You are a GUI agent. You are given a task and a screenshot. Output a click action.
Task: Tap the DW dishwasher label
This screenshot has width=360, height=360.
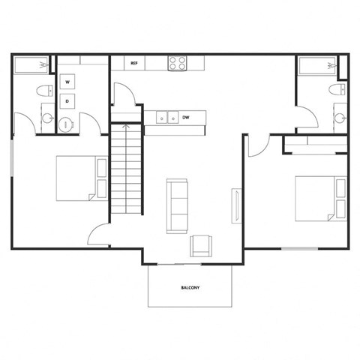click(x=185, y=117)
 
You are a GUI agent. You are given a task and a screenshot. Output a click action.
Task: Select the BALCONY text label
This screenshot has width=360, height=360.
click(x=189, y=288)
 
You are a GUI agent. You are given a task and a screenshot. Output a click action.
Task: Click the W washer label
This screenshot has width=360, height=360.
click(x=67, y=81)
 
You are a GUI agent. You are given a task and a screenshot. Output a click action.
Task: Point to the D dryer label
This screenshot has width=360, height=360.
click(x=67, y=100)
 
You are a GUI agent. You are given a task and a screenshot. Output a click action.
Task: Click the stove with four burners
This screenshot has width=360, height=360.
click(x=176, y=63)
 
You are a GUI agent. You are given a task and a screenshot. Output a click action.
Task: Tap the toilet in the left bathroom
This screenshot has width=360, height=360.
click(x=44, y=91)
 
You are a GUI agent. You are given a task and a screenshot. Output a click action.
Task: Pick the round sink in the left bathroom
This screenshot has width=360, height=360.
click(x=47, y=119)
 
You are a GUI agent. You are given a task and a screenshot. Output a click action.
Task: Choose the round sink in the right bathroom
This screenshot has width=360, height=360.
click(x=339, y=118)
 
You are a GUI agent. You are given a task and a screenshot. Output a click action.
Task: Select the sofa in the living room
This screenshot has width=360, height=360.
click(x=177, y=206)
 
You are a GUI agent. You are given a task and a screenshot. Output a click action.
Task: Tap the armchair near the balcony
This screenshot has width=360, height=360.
click(x=201, y=244)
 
